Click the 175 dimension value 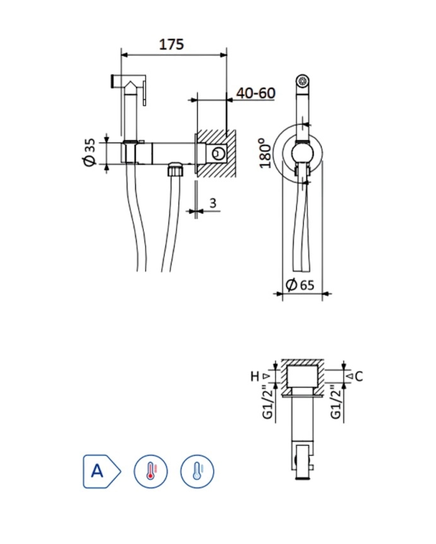point(171,44)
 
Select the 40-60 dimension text point(256,93)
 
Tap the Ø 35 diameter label point(90,153)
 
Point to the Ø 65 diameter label point(300,285)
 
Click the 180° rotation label point(266,153)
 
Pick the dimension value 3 point(213,203)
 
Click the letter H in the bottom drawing point(255,376)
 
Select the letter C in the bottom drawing point(359,376)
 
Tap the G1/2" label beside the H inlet point(268,402)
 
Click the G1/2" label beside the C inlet point(336,402)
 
